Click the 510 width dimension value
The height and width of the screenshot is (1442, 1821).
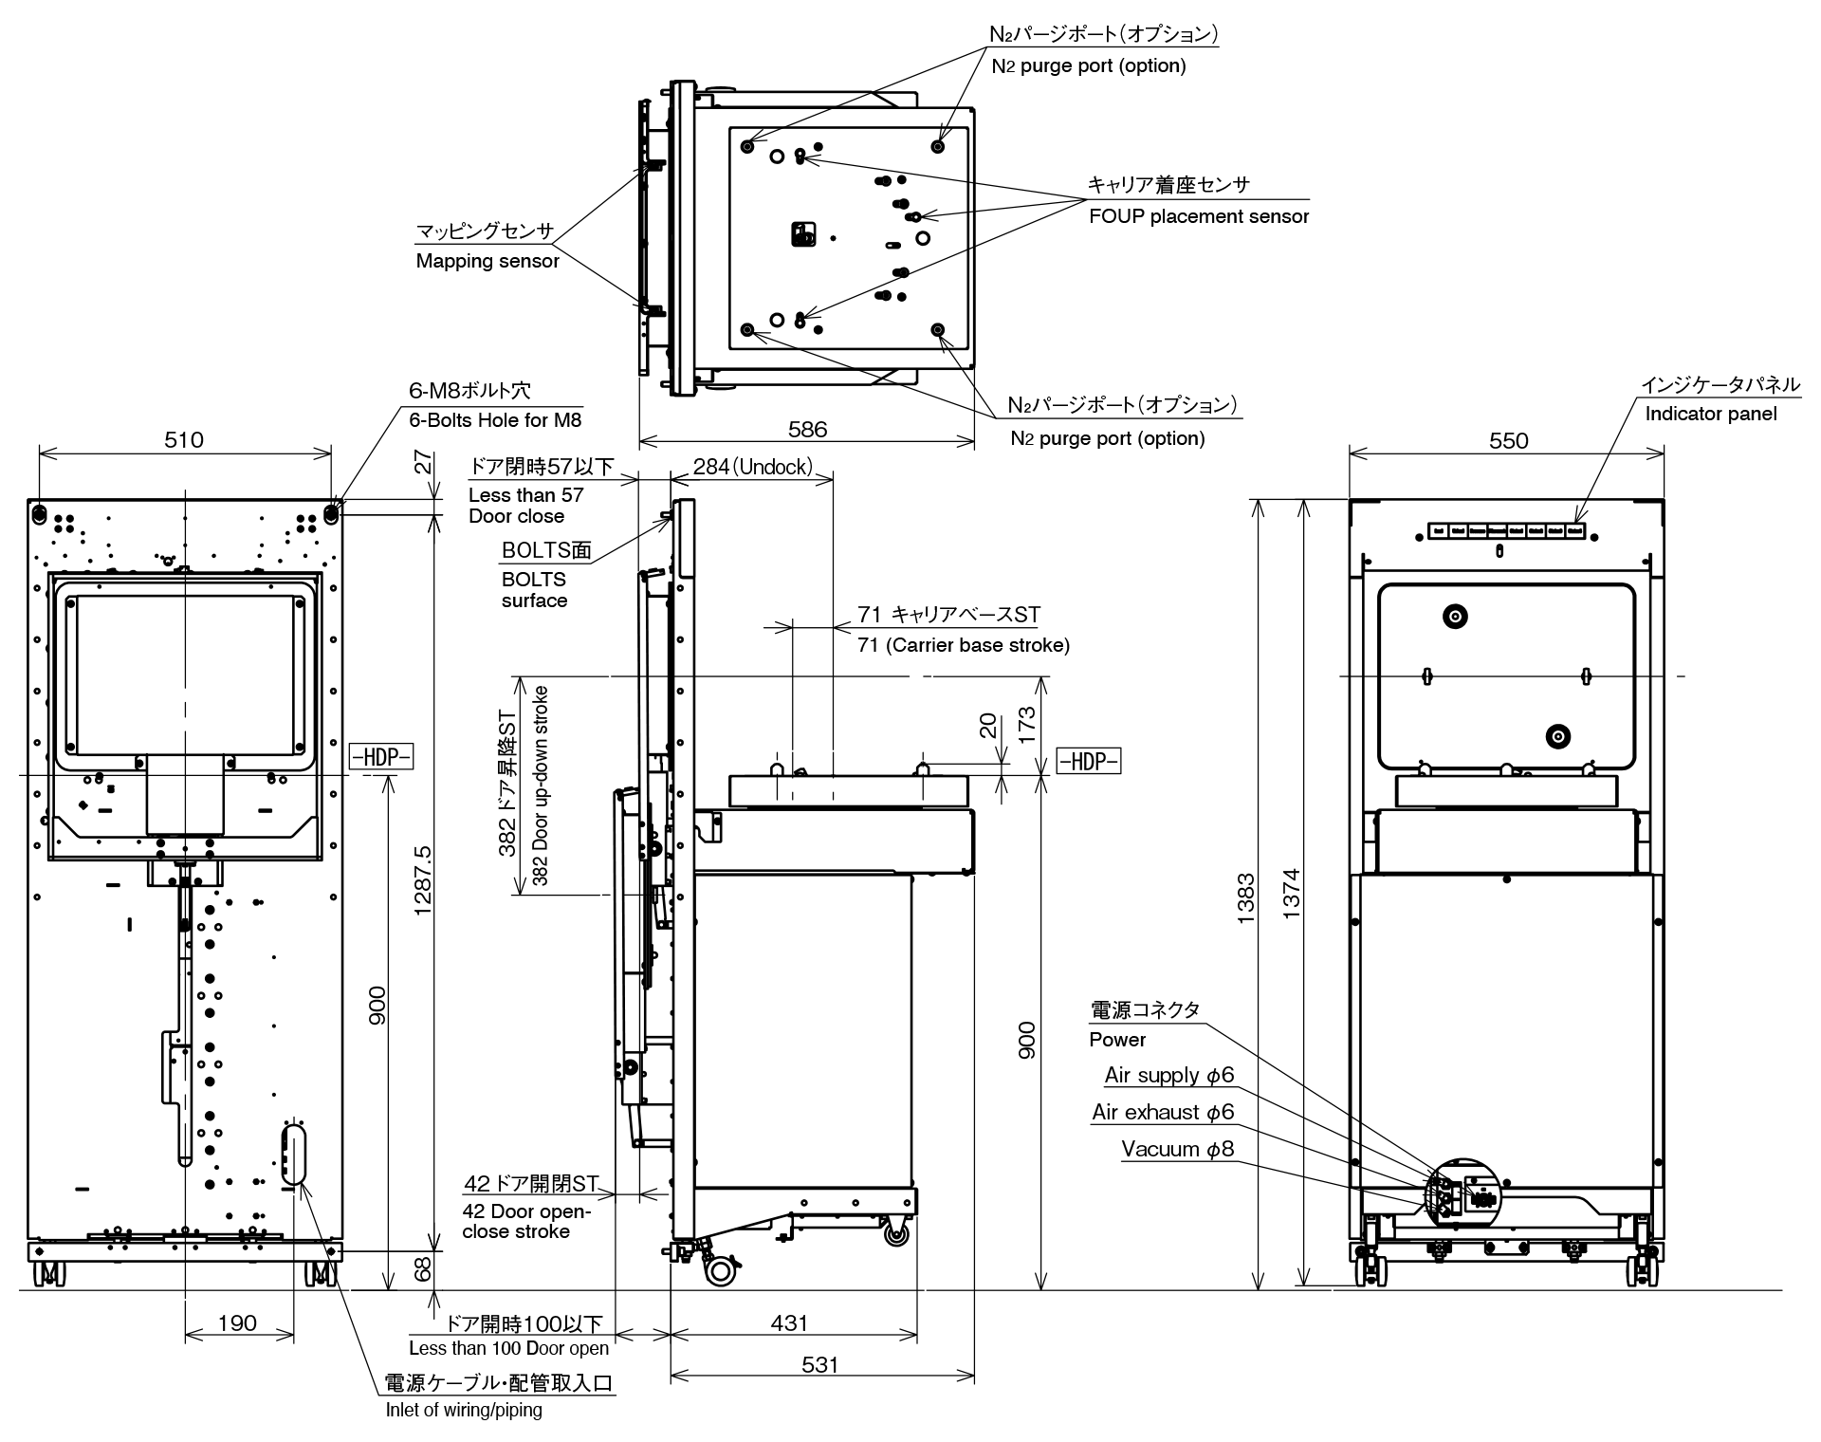pos(184,439)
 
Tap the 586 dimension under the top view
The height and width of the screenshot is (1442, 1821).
pos(807,429)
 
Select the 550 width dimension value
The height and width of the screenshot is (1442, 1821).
pos(1508,440)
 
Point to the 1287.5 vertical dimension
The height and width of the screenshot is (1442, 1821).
pos(423,880)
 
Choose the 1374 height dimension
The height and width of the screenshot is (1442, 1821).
pos(1291,894)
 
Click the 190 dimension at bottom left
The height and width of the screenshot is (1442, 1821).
pos(237,1322)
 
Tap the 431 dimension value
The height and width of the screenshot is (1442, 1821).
pos(789,1322)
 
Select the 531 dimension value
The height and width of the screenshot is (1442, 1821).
pos(819,1364)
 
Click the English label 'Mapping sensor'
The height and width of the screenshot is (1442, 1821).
pos(487,261)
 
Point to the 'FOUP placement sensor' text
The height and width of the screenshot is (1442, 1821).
pos(1199,216)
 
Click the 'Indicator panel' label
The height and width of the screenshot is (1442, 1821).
pos(1711,414)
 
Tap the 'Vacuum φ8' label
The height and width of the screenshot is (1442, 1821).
pos(1177,1149)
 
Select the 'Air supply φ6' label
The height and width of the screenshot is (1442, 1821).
pos(1168,1075)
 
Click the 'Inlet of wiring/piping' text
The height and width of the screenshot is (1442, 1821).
pos(464,1410)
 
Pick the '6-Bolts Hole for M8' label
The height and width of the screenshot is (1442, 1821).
pos(495,419)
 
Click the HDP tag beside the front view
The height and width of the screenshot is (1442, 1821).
pos(381,757)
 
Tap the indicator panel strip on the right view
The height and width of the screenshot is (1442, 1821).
pos(1506,531)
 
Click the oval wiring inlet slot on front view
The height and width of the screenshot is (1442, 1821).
pos(295,1153)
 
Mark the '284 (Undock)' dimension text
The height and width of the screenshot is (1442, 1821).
pos(752,466)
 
